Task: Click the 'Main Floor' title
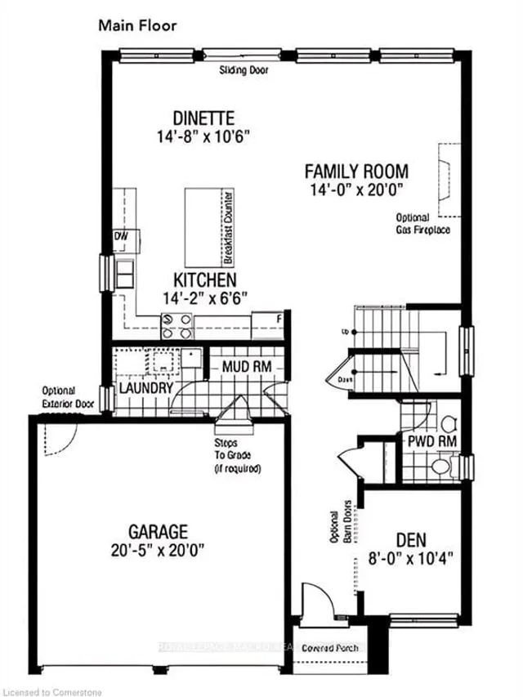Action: coord(137,25)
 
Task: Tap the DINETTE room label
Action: coord(203,118)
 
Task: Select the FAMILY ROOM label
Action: coord(355,172)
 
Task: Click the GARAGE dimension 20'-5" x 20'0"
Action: coord(158,550)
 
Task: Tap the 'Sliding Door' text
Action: coord(244,71)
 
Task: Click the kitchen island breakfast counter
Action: coord(209,227)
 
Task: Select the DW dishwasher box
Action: coord(123,237)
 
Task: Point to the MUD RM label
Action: coord(246,367)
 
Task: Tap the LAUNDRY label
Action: coord(146,387)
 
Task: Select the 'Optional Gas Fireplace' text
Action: coord(423,224)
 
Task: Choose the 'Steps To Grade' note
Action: coord(237,456)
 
